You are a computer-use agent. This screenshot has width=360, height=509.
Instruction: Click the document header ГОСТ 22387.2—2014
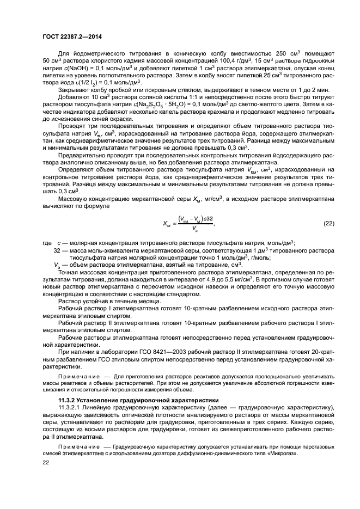[72, 36]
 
